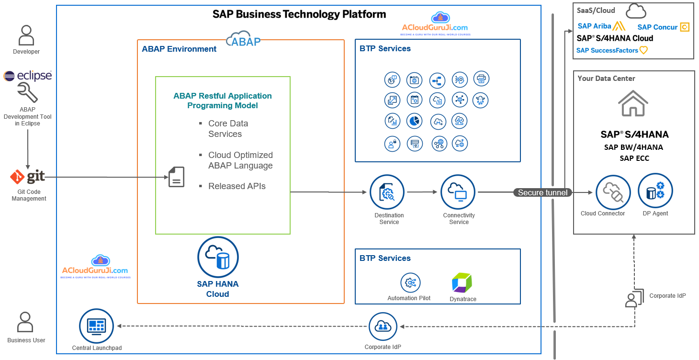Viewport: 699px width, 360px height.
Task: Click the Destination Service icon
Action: [387, 192]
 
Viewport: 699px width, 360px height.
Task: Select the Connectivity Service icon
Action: [458, 192]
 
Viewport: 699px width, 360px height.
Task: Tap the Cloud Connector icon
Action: [613, 192]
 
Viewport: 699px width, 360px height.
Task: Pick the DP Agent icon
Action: [655, 192]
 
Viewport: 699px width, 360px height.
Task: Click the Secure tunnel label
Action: [543, 192]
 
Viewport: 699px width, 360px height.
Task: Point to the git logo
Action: [28, 177]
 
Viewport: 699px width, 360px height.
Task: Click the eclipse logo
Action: [27, 76]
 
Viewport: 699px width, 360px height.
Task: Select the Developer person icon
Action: [26, 36]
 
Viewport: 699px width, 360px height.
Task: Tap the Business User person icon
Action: [26, 322]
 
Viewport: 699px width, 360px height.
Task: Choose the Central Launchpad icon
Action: [96, 326]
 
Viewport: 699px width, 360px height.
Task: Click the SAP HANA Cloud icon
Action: [218, 258]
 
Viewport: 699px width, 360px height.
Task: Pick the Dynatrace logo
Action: [462, 282]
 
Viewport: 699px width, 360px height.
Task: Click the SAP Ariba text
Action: [594, 26]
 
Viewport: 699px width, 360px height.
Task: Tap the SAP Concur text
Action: [657, 27]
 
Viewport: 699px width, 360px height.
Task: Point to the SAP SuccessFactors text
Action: [607, 50]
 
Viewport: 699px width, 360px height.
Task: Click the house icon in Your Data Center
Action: [633, 103]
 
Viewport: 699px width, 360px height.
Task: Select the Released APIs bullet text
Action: [237, 186]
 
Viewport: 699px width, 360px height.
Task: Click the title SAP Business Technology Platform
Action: [299, 14]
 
